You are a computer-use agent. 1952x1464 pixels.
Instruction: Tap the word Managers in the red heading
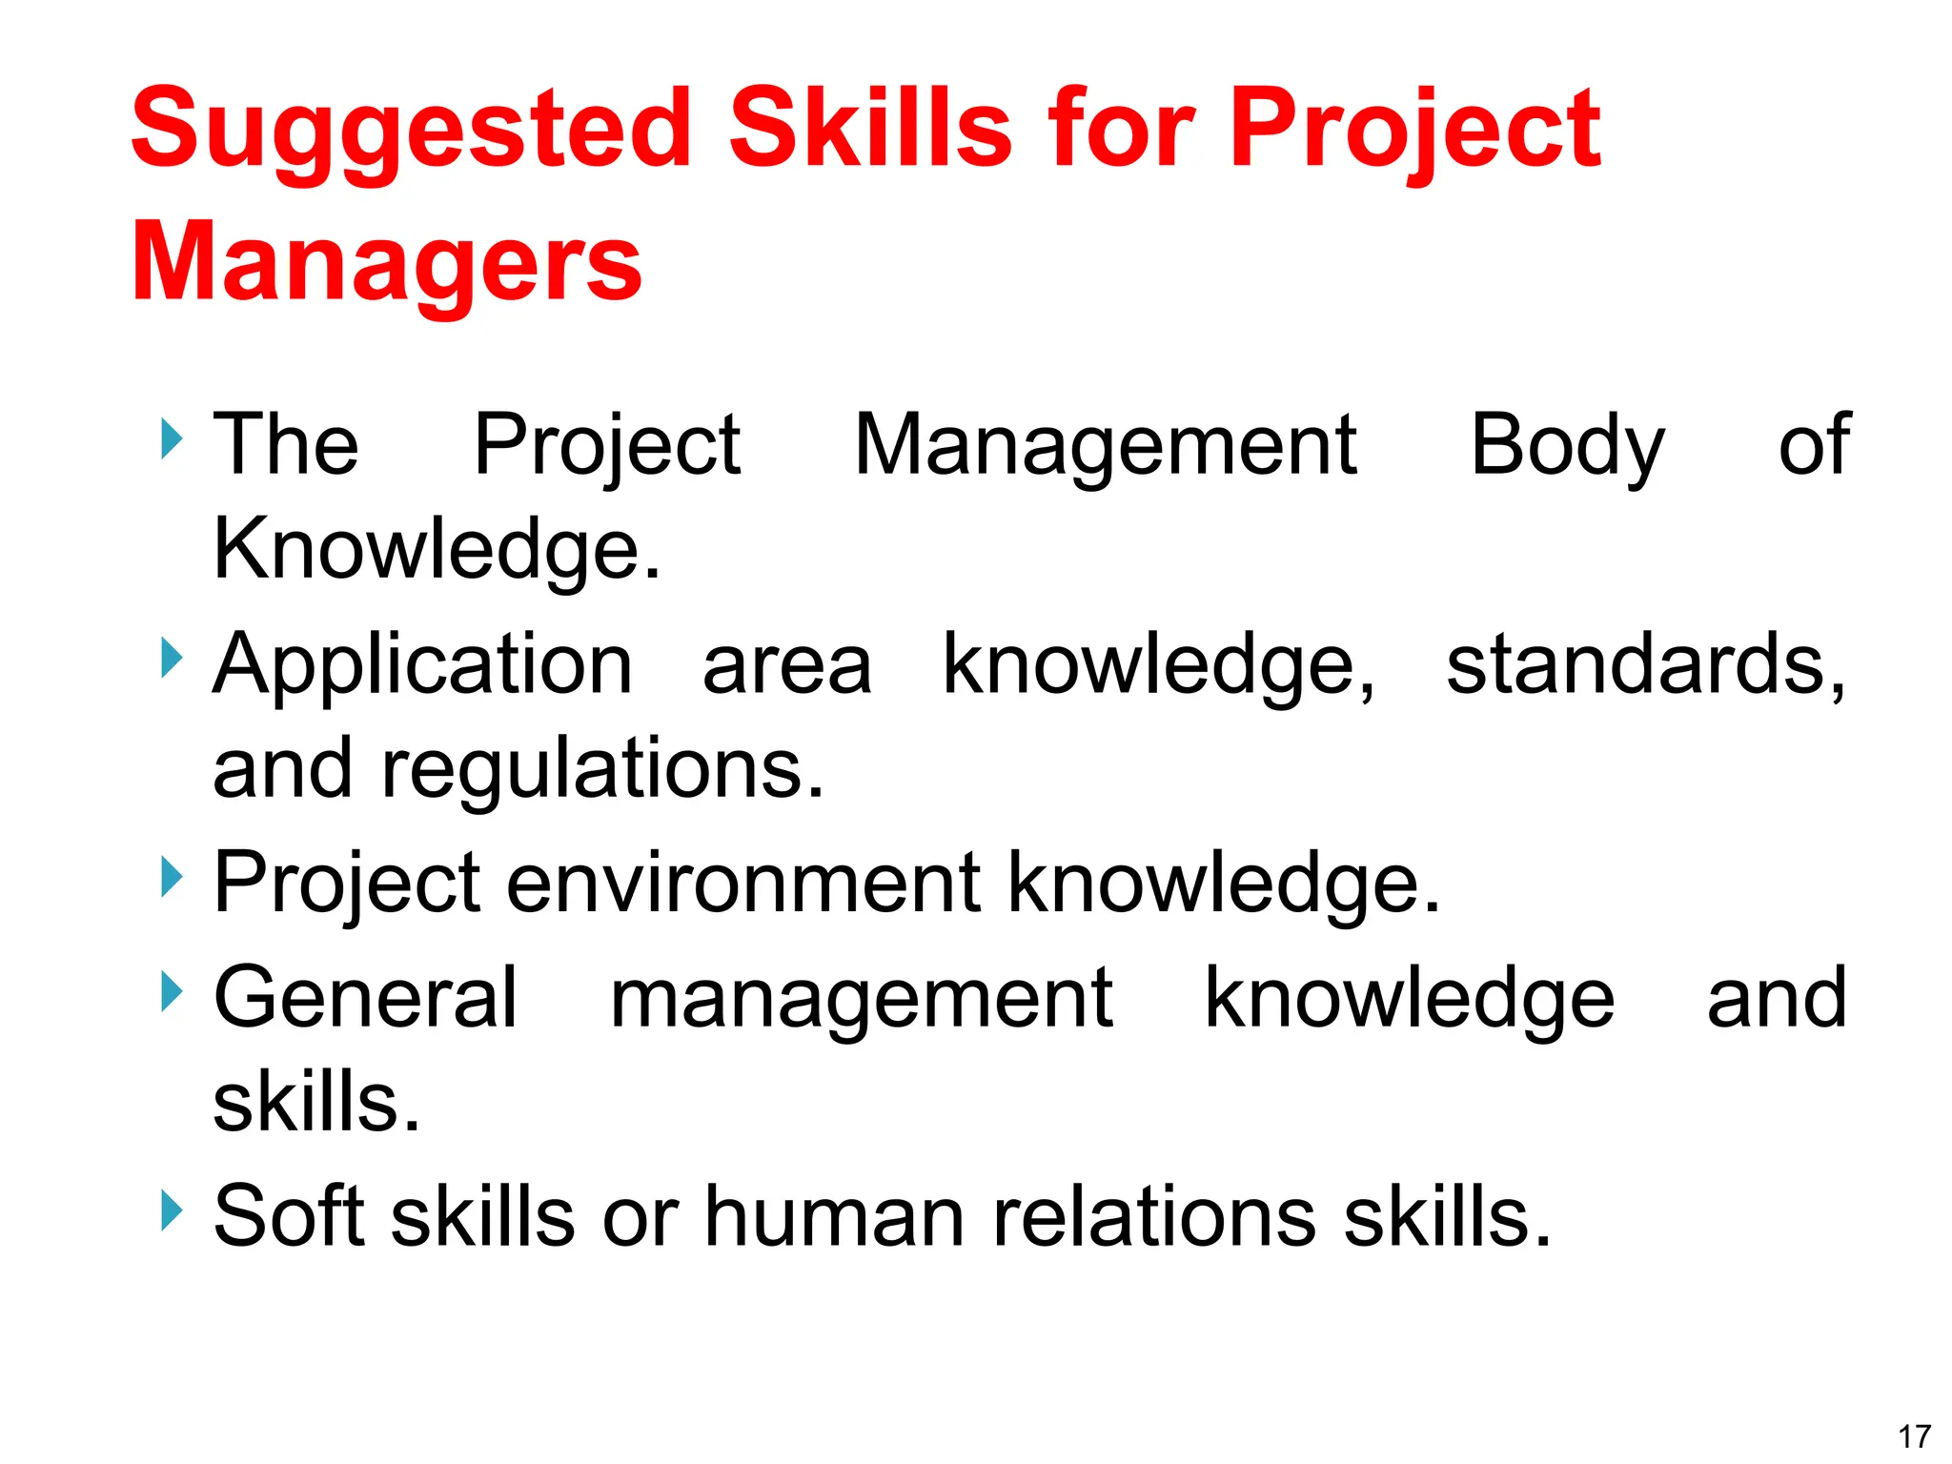(386, 262)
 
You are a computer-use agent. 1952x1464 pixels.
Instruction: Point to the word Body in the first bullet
(1567, 446)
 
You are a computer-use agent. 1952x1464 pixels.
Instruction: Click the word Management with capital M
(1105, 446)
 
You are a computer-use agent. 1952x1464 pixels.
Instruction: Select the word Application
(422, 665)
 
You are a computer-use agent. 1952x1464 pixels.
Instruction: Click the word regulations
(602, 770)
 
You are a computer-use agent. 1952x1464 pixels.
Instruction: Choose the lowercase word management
(861, 999)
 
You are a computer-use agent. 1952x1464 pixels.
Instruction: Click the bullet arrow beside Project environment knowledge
(171, 876)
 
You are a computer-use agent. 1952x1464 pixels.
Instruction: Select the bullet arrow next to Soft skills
(171, 1210)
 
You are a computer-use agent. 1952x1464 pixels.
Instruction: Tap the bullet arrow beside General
(171, 991)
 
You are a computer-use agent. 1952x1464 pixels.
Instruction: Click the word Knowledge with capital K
(436, 550)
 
